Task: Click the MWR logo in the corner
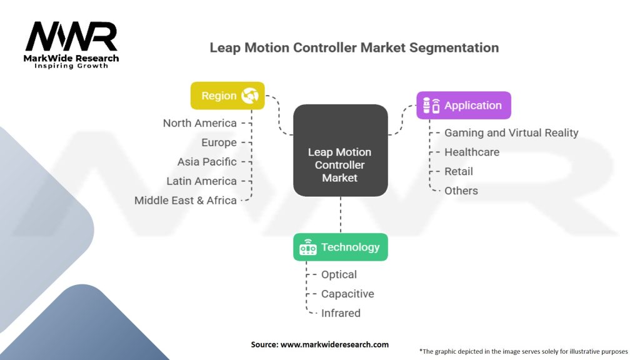(x=71, y=45)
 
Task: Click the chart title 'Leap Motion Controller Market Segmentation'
(x=354, y=47)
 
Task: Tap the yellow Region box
(x=227, y=96)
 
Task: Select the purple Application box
(x=464, y=105)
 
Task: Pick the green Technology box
(x=341, y=247)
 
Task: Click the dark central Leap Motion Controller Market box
(x=341, y=150)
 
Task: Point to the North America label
(x=199, y=123)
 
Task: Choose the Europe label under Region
(x=219, y=142)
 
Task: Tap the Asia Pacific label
(x=207, y=162)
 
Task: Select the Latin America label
(x=202, y=181)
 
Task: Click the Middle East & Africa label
(x=186, y=201)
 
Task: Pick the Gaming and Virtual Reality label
(x=511, y=133)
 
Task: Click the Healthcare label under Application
(x=472, y=152)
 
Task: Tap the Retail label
(x=459, y=171)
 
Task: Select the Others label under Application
(x=461, y=191)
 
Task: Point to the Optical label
(x=339, y=275)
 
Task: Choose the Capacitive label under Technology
(x=347, y=294)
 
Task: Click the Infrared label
(x=341, y=313)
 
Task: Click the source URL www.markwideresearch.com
(x=335, y=344)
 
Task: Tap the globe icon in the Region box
(x=250, y=96)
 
